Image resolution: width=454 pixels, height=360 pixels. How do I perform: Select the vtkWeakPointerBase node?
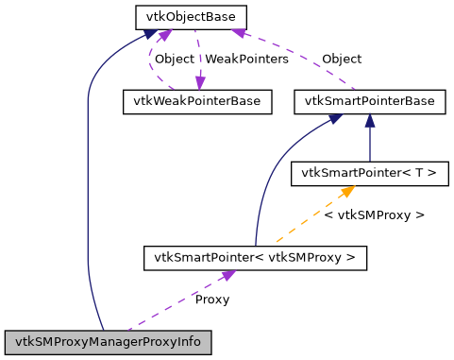pos(197,100)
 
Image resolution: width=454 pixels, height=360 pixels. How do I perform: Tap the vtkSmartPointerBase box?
pos(369,100)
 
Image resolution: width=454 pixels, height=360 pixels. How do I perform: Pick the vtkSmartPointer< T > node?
pos(369,173)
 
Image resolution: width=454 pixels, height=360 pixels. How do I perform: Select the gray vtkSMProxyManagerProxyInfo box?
pos(107,340)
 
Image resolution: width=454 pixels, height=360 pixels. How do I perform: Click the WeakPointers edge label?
pos(247,59)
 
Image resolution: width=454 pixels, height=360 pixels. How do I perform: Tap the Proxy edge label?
pos(211,300)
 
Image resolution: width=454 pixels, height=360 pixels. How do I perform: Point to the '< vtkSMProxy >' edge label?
pos(374,215)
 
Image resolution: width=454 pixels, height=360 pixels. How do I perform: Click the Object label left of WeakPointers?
pos(174,59)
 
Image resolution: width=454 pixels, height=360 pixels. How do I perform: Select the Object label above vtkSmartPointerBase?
pos(341,59)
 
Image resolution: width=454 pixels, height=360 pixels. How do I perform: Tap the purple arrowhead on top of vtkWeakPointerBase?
pos(199,84)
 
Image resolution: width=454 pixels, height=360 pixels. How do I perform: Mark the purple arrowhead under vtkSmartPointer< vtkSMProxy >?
pos(227,275)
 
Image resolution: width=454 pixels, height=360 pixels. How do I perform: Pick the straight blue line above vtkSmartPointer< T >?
pos(369,142)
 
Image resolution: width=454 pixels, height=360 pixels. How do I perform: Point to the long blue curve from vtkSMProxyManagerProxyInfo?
pos(87,189)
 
